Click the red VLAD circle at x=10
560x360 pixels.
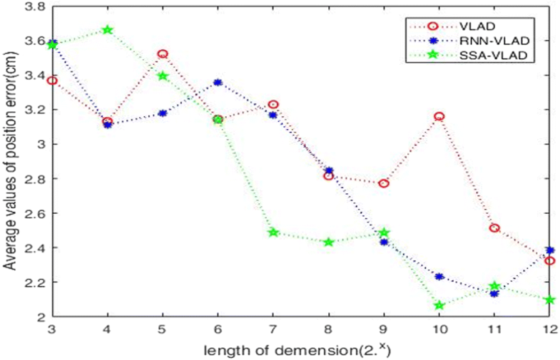pyautogui.click(x=439, y=116)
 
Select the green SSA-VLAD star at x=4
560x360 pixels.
pyautogui.click(x=108, y=30)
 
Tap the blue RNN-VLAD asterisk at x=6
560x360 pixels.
pyautogui.click(x=218, y=83)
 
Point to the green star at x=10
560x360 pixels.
pyautogui.click(x=439, y=305)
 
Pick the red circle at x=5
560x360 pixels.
pyautogui.click(x=163, y=54)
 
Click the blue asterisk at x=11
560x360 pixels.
pyautogui.click(x=494, y=294)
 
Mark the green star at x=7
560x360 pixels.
pyautogui.click(x=273, y=232)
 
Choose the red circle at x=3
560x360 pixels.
pyautogui.click(x=52, y=81)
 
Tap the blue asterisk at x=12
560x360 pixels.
pyautogui.click(x=549, y=250)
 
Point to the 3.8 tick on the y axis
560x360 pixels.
pyautogui.click(x=35, y=6)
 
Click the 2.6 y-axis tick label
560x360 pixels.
pyautogui.click(x=35, y=214)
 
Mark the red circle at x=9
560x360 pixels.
pyautogui.click(x=384, y=183)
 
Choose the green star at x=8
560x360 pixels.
pyautogui.click(x=328, y=242)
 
